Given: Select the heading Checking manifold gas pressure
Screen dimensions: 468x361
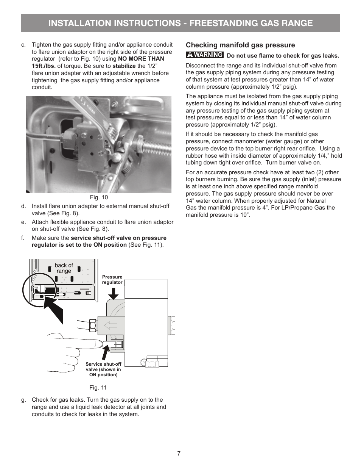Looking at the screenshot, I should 240,45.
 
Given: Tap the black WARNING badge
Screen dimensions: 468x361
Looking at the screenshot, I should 205,55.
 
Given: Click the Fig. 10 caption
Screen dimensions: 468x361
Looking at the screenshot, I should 99,197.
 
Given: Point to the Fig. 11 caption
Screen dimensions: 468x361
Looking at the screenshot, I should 98,388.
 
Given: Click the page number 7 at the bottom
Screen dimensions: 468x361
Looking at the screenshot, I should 179,454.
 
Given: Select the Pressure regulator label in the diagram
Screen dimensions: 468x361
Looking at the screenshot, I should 112,280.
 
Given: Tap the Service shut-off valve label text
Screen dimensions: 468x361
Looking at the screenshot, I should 103,369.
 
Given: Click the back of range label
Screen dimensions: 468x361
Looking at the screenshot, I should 64,268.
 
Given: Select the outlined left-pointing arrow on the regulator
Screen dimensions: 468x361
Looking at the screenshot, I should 111,325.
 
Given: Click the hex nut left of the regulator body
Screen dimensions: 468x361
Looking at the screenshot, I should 93,326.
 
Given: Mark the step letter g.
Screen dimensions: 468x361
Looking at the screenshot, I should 23,400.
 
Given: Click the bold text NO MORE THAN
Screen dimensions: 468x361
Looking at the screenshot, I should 141,59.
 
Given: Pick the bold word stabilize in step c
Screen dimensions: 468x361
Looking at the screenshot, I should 124,66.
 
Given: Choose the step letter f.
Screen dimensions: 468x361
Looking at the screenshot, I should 23,238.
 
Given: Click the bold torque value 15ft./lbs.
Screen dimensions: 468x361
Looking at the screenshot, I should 44,66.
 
